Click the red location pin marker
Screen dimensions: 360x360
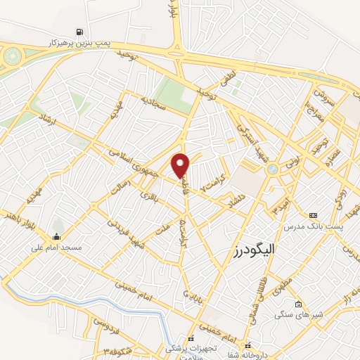point(181,165)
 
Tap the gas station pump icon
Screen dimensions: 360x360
point(81,32)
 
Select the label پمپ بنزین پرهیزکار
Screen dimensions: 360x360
point(81,44)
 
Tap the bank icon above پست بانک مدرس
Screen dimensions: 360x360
point(313,214)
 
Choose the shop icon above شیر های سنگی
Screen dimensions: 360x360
point(299,304)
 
